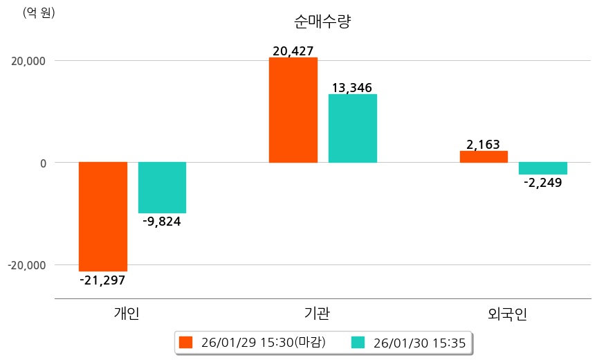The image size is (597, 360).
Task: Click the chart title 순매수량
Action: tap(323, 21)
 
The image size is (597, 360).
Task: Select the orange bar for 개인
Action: tap(103, 216)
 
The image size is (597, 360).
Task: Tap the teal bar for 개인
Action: tap(162, 188)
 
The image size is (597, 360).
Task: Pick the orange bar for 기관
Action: tap(293, 110)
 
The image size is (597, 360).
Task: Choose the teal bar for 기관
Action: tap(352, 128)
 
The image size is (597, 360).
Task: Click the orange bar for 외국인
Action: tap(484, 156)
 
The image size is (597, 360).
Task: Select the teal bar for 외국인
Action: tap(542, 168)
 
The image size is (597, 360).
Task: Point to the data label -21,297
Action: tap(102, 280)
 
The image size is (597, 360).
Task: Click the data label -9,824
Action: tap(162, 222)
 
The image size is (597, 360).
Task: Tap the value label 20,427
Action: tap(293, 51)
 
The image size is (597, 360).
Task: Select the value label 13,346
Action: tap(352, 87)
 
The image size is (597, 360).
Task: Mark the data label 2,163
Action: tap(484, 144)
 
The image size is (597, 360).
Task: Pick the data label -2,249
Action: tap(542, 183)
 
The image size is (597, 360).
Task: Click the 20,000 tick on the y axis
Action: tap(28, 61)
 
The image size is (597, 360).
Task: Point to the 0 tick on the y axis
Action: tap(42, 163)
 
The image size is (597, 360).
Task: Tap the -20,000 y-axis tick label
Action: tap(26, 265)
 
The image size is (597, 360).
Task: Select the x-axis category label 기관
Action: tap(317, 314)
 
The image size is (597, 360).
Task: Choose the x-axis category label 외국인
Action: tap(507, 314)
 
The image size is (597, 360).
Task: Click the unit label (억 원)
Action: tap(39, 12)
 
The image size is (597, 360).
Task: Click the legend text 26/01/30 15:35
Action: tap(419, 342)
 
